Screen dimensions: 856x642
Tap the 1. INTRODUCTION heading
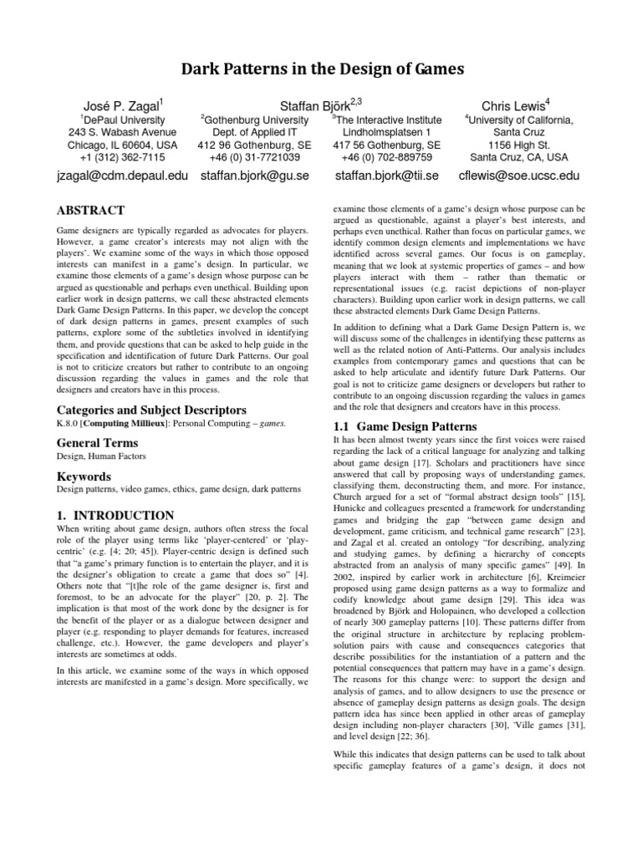(115, 515)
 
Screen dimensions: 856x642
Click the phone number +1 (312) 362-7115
(123, 156)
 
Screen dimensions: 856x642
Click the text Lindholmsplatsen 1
(386, 132)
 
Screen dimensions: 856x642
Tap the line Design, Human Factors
(101, 456)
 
